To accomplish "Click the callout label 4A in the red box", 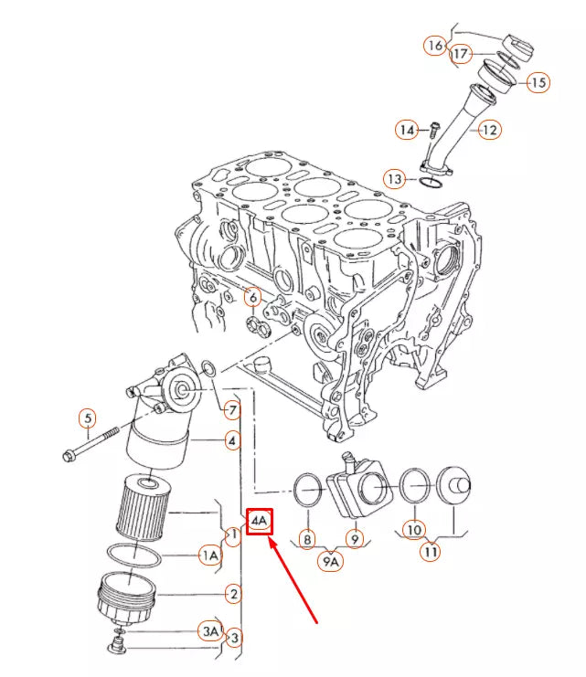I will coord(261,522).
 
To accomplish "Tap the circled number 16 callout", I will coord(435,44).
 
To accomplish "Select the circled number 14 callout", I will coord(407,130).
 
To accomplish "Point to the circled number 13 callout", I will coord(394,178).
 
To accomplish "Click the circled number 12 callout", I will coord(490,130).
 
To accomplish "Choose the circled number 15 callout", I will coord(538,82).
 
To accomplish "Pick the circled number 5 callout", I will coord(87,418).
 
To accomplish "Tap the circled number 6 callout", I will coord(252,297).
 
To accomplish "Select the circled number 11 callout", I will coord(430,551).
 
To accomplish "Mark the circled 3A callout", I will coord(210,630).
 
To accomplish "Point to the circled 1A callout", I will coord(210,555).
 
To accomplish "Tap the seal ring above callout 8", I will coord(308,490).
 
